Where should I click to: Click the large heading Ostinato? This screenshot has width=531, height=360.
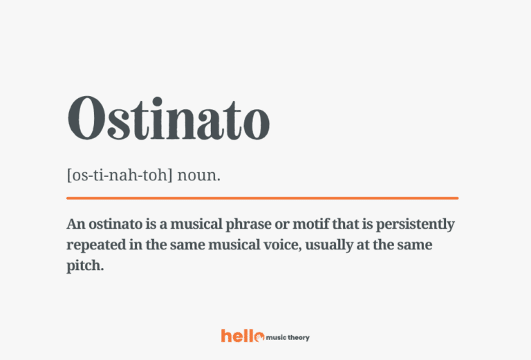coord(168,120)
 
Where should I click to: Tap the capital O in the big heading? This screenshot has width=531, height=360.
coord(88,120)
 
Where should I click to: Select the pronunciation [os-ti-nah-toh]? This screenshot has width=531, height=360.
coord(120,176)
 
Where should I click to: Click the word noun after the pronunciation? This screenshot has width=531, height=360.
coord(198,176)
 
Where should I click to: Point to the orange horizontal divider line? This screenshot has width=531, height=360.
coord(262,198)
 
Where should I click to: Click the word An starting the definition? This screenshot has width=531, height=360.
coord(75,225)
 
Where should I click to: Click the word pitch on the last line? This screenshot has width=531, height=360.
coord(85,266)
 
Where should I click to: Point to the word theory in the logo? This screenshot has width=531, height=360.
coord(299,337)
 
